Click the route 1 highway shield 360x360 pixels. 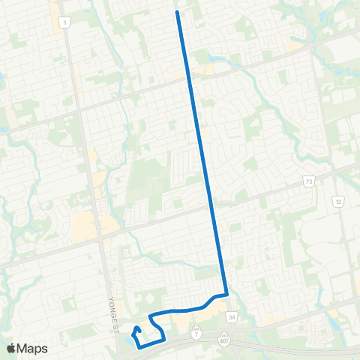click(65, 24)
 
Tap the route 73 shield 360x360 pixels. click(308, 182)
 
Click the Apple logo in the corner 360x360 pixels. click(10, 348)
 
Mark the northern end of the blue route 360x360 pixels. click(178, 12)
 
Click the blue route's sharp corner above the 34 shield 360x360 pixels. click(226, 294)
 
